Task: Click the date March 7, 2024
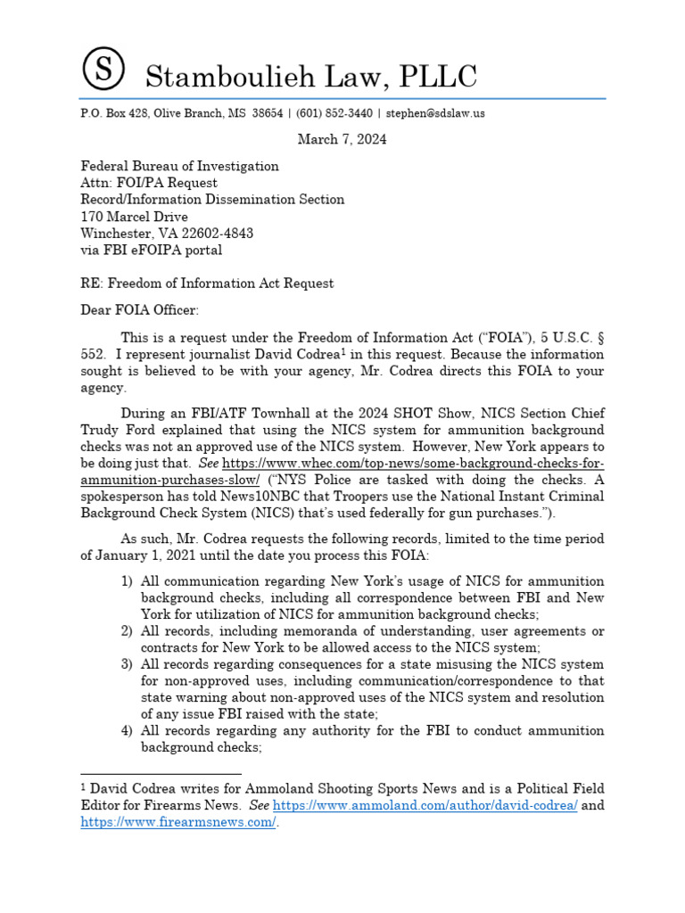[x=342, y=139]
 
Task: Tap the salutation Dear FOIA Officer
[x=142, y=311]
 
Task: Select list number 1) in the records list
[x=128, y=581]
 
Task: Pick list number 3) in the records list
[x=128, y=665]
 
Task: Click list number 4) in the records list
[x=128, y=731]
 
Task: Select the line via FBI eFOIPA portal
[x=152, y=251]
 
